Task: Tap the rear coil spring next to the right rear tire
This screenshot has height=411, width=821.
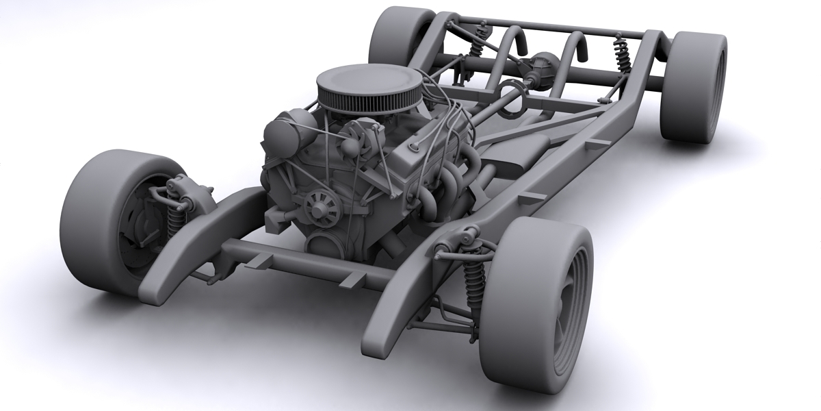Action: click(x=623, y=55)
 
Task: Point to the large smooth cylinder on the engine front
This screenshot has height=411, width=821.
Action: click(x=281, y=137)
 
